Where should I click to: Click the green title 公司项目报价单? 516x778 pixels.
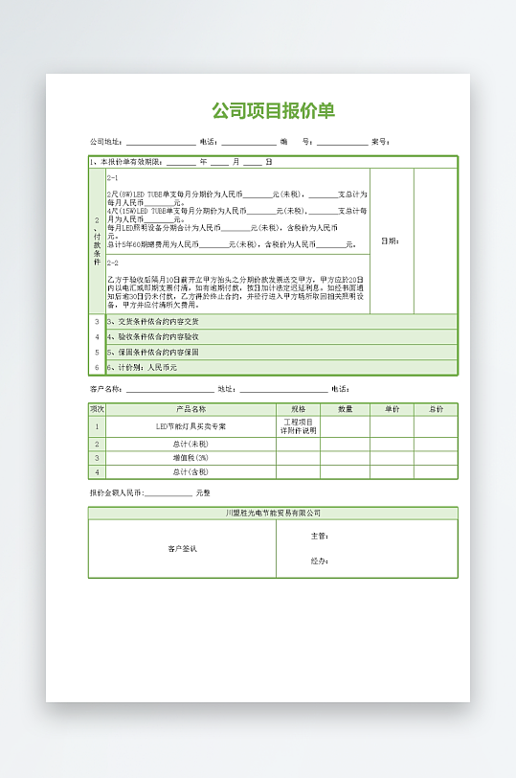pos(273,111)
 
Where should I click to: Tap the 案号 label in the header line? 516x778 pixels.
pos(379,142)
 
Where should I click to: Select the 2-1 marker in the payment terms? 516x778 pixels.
pos(113,177)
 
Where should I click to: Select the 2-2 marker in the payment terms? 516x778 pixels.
pos(113,262)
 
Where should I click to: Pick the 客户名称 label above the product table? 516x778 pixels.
pos(104,389)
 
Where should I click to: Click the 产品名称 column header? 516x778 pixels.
pos(191,409)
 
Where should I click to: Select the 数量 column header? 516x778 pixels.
pos(346,409)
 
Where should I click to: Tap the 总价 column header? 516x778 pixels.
pos(436,409)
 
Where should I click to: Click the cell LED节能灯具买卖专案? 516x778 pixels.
pos(191,426)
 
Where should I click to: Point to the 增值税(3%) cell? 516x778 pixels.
pos(191,458)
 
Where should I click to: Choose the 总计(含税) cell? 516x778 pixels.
pos(191,472)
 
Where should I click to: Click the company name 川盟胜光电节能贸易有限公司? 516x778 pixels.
pos(273,514)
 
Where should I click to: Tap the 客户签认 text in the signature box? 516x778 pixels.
pos(182,549)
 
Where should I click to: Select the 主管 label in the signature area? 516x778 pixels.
pos(320,537)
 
